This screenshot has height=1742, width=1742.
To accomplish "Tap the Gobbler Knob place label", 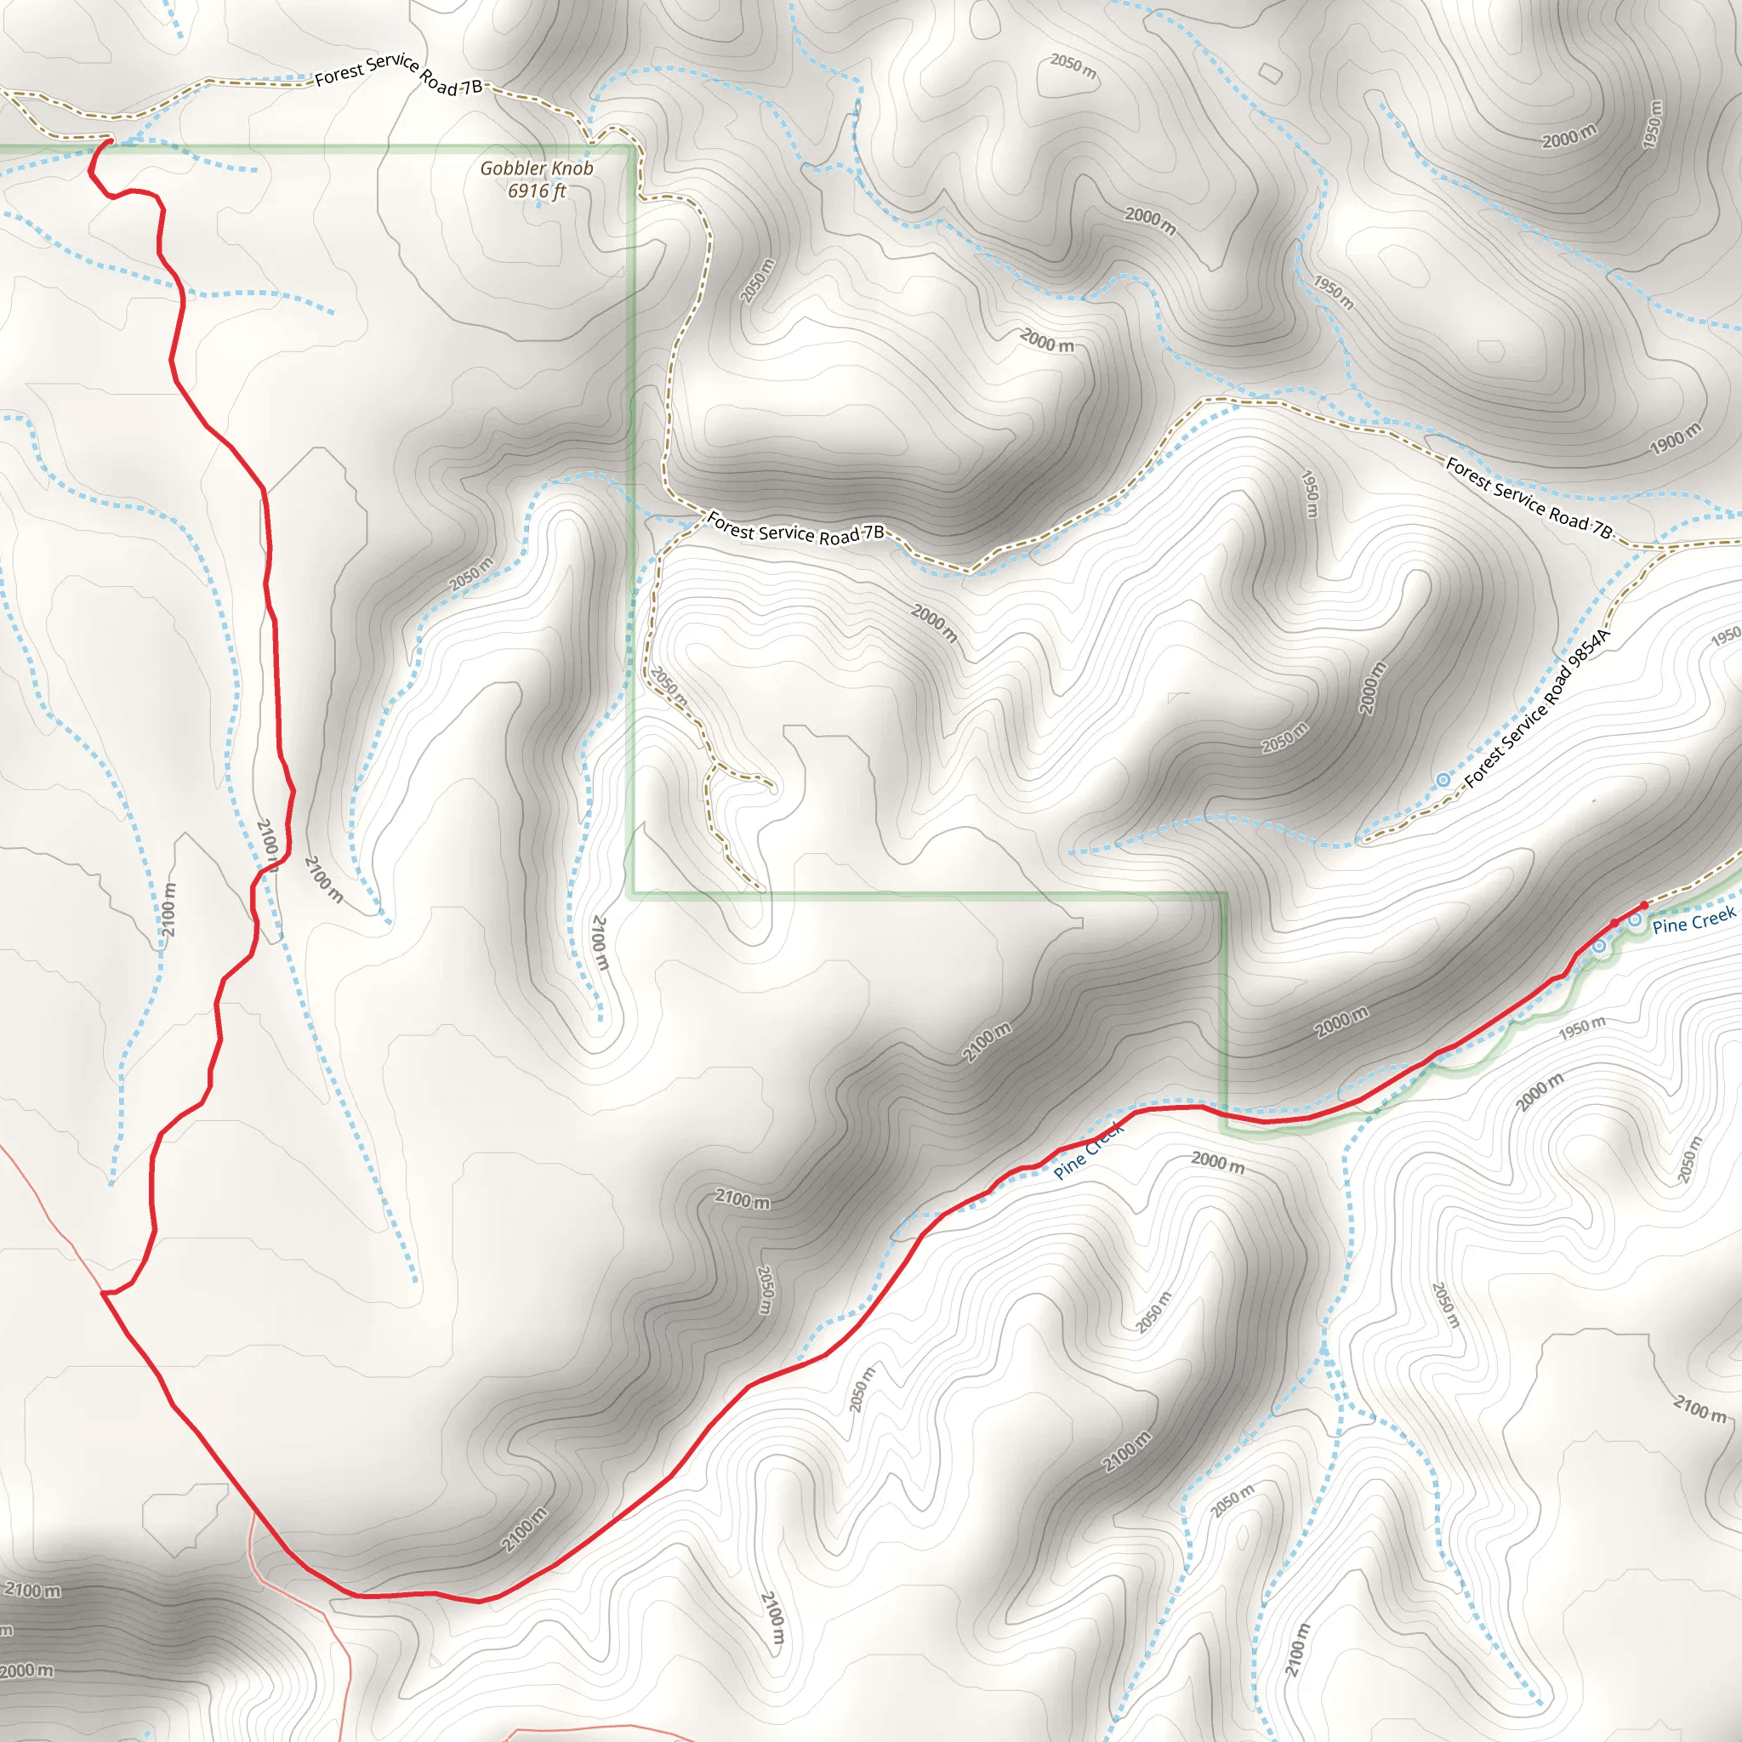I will (537, 168).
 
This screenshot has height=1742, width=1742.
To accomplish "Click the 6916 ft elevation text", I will (537, 191).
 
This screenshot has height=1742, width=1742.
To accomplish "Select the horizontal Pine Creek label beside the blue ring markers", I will (1694, 920).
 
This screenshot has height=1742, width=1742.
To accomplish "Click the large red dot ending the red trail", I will (1643, 905).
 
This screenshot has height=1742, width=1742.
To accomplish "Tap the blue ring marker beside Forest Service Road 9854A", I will (1443, 780).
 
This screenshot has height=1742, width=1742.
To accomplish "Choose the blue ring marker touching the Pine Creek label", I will (1634, 919).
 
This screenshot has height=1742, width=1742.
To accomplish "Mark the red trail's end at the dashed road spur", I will (108, 141).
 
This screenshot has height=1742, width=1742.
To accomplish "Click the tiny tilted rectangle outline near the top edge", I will (1270, 73).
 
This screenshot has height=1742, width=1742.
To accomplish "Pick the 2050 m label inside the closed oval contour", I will (1073, 65).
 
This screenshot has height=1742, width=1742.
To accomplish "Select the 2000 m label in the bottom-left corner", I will (27, 1671).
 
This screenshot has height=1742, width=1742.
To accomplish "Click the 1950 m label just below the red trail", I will (1582, 1027).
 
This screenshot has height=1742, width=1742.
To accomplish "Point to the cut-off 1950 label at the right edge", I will (1726, 636).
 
